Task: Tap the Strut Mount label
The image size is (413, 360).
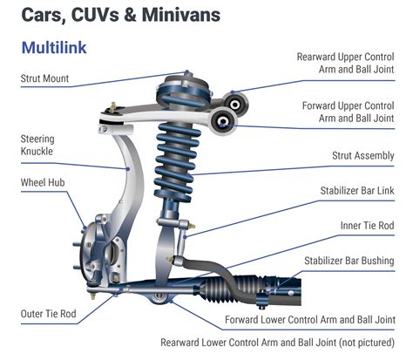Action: coord(44,78)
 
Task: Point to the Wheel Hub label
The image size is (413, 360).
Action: coord(43,184)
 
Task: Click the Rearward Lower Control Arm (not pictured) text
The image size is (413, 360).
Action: coord(277,343)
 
